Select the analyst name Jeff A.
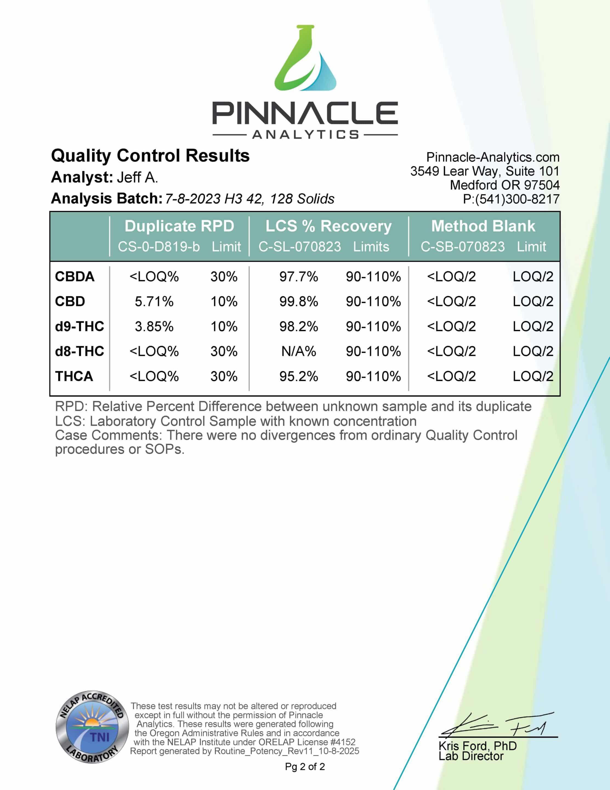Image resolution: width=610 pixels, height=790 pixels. pyautogui.click(x=137, y=177)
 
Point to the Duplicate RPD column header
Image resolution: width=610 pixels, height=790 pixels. pyautogui.click(x=179, y=226)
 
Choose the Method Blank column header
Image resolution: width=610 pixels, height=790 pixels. pyautogui.click(x=483, y=226)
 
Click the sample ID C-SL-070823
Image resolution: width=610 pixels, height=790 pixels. pyautogui.click(x=299, y=247)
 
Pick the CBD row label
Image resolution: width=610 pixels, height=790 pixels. pyautogui.click(x=70, y=301)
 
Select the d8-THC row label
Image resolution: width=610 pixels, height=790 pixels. pyautogui.click(x=79, y=351)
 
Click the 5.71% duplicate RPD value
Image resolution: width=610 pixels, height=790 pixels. pyautogui.click(x=154, y=301)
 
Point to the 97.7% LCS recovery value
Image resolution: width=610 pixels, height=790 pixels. pyautogui.click(x=298, y=277)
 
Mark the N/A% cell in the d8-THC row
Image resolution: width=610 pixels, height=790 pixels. pyautogui.click(x=298, y=351)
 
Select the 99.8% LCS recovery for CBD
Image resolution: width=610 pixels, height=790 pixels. pyautogui.click(x=298, y=301)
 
